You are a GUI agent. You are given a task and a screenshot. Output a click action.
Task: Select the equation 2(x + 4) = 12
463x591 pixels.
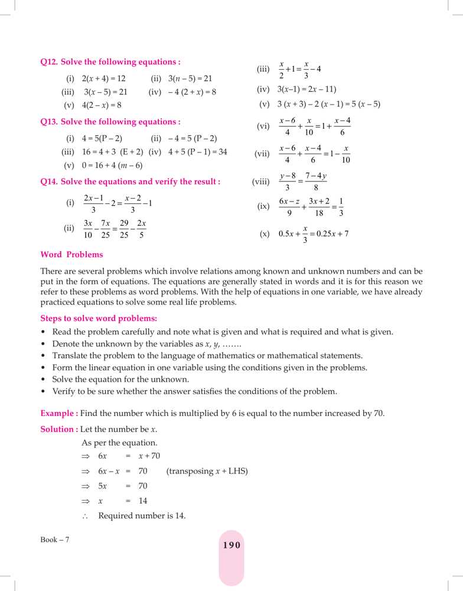[104, 78]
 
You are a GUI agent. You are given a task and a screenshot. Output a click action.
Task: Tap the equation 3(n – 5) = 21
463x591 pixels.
[190, 78]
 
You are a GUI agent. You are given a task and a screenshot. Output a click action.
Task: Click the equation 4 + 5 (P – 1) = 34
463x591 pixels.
[197, 152]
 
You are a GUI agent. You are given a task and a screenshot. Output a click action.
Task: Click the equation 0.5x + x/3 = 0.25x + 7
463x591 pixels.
[313, 233]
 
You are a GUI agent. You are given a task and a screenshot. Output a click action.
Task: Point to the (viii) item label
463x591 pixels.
[260, 182]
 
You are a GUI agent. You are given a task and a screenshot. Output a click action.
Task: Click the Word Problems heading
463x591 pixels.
[71, 255]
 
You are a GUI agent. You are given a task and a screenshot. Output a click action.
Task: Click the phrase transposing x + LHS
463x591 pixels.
[207, 471]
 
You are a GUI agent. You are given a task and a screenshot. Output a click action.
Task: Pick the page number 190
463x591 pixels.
[231, 545]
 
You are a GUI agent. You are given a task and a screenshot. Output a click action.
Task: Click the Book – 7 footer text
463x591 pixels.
[55, 540]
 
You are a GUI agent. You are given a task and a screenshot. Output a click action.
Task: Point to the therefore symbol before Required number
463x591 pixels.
[85, 516]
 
